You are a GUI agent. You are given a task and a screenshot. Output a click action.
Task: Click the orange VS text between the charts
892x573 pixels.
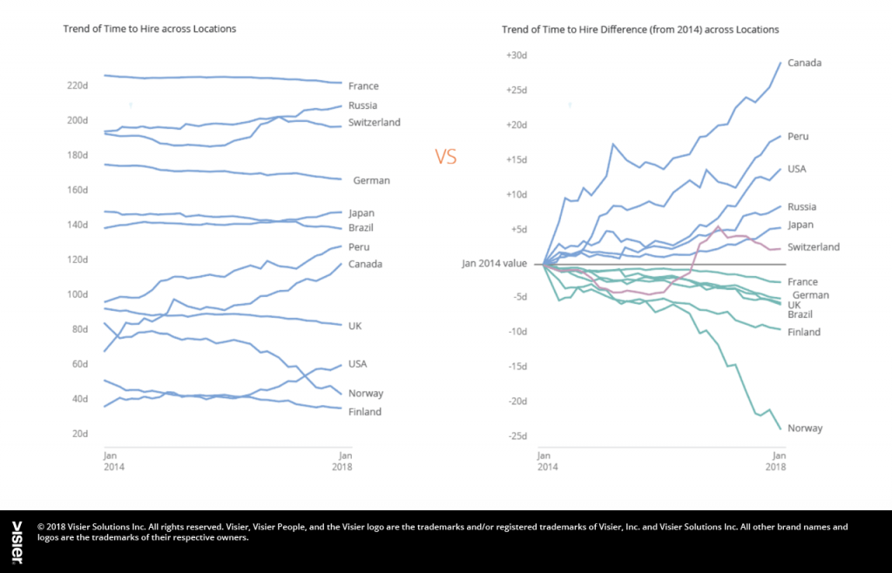[x=445, y=157]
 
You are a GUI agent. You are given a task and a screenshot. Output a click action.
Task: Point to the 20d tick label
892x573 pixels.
[x=79, y=434]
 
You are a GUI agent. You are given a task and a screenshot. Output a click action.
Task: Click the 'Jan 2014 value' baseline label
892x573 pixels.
[x=495, y=264]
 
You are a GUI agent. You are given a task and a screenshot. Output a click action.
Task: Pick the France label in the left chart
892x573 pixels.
[x=363, y=86]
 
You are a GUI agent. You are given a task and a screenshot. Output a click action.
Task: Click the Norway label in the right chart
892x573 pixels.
[x=805, y=428]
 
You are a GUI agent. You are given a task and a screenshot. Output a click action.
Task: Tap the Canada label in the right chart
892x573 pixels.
[x=805, y=63]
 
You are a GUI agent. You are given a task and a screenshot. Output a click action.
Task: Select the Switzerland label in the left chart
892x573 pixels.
[x=374, y=123]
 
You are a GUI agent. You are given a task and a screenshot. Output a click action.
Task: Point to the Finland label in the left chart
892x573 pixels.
[x=364, y=412]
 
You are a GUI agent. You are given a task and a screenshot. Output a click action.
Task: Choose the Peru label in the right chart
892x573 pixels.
[x=799, y=137]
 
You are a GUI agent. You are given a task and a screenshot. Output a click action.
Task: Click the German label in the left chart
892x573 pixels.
[x=371, y=181]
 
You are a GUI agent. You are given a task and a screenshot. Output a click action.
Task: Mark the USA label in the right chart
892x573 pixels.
[x=797, y=169]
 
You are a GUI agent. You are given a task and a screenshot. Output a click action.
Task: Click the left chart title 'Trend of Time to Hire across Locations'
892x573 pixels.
[x=150, y=29]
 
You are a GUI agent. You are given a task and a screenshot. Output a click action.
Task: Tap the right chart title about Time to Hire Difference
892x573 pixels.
[x=640, y=29]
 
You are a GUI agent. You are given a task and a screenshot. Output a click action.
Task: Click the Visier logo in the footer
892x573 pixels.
[x=17, y=542]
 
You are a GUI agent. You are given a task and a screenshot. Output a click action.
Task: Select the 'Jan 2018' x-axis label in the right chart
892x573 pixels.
[x=775, y=462]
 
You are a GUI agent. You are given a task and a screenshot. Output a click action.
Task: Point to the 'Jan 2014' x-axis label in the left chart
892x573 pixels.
[x=111, y=462]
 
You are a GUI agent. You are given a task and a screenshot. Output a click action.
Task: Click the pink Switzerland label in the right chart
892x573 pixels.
[x=814, y=247]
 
